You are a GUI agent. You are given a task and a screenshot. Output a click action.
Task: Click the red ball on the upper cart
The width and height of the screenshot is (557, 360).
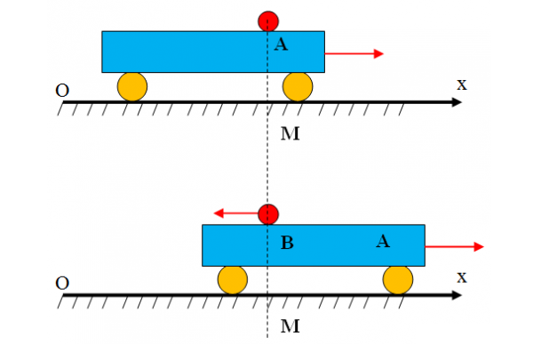pos(268,21)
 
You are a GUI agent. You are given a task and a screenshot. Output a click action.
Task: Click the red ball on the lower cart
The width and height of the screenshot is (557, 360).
pos(268,214)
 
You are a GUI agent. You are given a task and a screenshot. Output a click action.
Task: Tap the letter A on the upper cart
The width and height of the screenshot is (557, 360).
pos(281,44)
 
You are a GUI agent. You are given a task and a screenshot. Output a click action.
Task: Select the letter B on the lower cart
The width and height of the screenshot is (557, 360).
pos(287,243)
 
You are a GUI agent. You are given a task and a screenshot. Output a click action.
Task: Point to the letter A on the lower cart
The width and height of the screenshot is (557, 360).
pos(383,241)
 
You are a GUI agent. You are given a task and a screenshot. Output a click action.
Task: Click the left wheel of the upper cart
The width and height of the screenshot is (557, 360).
pos(132,87)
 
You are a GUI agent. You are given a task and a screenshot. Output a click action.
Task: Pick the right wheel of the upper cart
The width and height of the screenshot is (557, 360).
pos(298,87)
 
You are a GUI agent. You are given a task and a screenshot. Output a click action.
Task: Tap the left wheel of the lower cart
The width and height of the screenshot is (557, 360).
pos(233,280)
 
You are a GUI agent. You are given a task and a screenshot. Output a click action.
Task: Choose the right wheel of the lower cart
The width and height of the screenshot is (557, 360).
pos(398,280)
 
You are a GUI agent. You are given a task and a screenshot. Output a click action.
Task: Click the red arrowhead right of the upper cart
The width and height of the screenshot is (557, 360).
pos(378,53)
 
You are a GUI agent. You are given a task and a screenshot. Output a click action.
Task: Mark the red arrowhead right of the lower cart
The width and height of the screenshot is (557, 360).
pos(479,246)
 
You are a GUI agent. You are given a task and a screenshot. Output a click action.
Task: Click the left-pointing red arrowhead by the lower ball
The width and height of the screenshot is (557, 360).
pos(219,213)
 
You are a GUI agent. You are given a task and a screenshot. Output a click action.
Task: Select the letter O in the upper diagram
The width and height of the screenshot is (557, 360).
pos(62,91)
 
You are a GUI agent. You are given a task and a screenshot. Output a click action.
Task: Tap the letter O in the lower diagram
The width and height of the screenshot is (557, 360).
pos(62,284)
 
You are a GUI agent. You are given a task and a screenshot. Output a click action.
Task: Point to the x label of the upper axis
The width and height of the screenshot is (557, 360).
pos(462,85)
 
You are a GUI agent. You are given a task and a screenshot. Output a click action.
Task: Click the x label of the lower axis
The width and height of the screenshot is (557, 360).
pos(462,277)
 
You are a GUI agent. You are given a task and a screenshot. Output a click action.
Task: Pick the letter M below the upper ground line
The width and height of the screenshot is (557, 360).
pos(290,133)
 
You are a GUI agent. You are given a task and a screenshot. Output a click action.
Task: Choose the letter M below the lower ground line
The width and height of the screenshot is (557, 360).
pos(290,326)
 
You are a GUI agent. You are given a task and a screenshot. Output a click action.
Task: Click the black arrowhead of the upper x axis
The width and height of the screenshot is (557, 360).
pos(457,102)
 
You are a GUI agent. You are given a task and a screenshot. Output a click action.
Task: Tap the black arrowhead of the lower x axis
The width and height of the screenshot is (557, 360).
pos(457,295)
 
